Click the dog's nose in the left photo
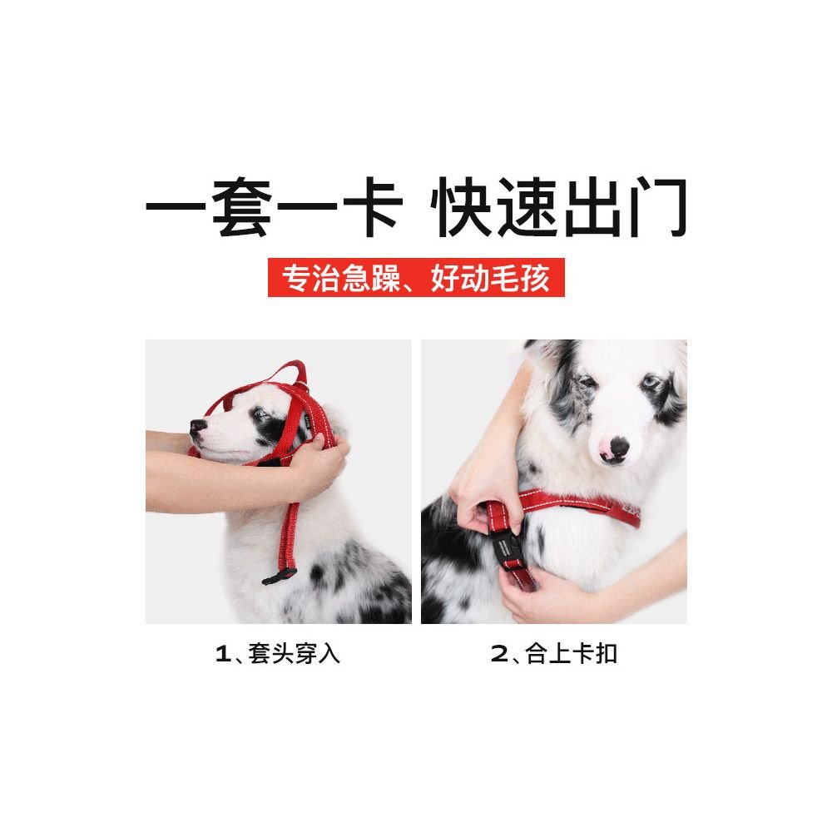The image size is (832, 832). click(197, 428)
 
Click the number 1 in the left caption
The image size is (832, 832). click(221, 654)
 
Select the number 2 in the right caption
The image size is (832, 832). click(498, 654)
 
